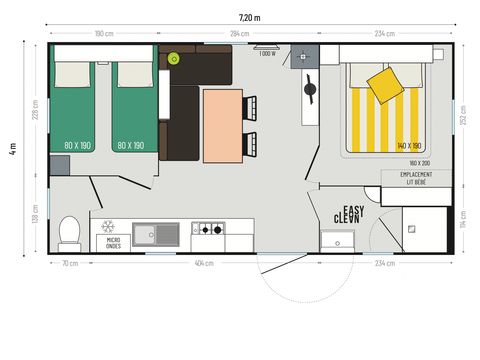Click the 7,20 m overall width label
point(249,17)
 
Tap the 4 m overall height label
point(13,151)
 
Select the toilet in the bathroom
point(69,233)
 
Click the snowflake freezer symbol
point(108,227)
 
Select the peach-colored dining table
point(222,124)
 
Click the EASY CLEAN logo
point(349,213)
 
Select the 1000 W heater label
point(266,54)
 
